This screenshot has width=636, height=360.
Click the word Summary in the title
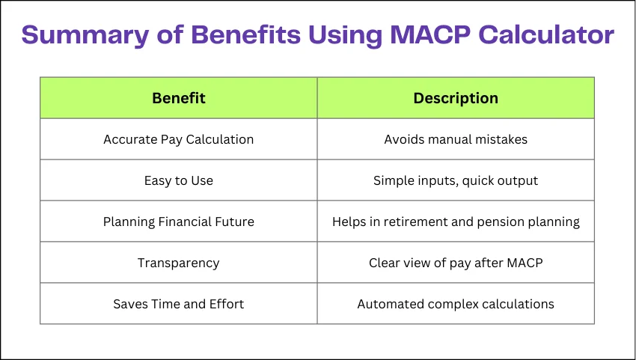(85, 35)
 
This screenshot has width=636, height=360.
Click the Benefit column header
(179, 98)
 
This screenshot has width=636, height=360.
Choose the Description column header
(456, 98)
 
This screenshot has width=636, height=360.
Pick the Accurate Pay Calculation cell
(179, 140)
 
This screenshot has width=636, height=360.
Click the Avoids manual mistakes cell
(456, 139)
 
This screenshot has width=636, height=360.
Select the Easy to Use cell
(179, 180)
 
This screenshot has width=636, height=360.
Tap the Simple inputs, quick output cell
(456, 180)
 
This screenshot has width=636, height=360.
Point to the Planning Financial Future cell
(179, 222)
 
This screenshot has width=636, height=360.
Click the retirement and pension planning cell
(456, 222)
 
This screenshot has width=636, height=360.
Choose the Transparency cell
(179, 263)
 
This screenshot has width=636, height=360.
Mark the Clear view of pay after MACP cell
(456, 263)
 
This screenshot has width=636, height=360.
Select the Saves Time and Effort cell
(179, 304)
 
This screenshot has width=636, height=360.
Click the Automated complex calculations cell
(456, 304)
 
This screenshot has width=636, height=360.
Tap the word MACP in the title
(430, 34)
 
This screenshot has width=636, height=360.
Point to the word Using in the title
(345, 35)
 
